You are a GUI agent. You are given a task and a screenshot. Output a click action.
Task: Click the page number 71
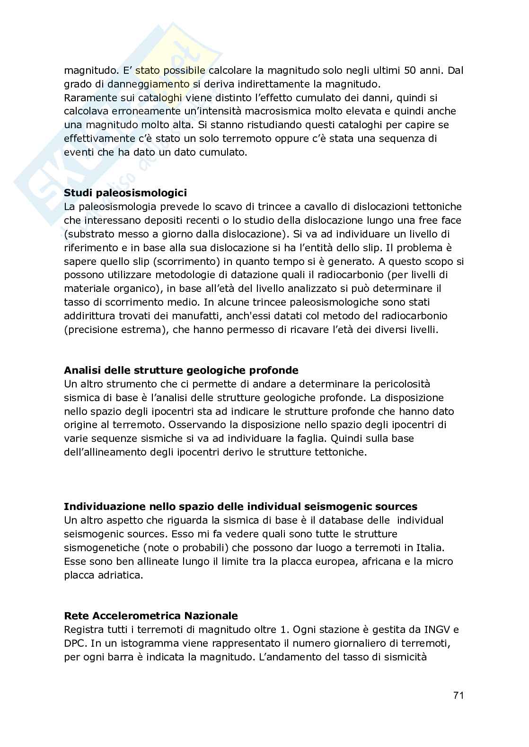[458, 695]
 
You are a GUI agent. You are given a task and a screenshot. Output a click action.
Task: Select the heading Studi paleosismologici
[125, 193]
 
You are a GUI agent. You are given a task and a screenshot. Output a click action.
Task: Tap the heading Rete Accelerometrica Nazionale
[150, 616]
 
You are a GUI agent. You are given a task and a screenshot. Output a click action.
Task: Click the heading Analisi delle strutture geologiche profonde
[181, 370]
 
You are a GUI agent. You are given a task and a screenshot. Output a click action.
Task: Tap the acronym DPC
[74, 643]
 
